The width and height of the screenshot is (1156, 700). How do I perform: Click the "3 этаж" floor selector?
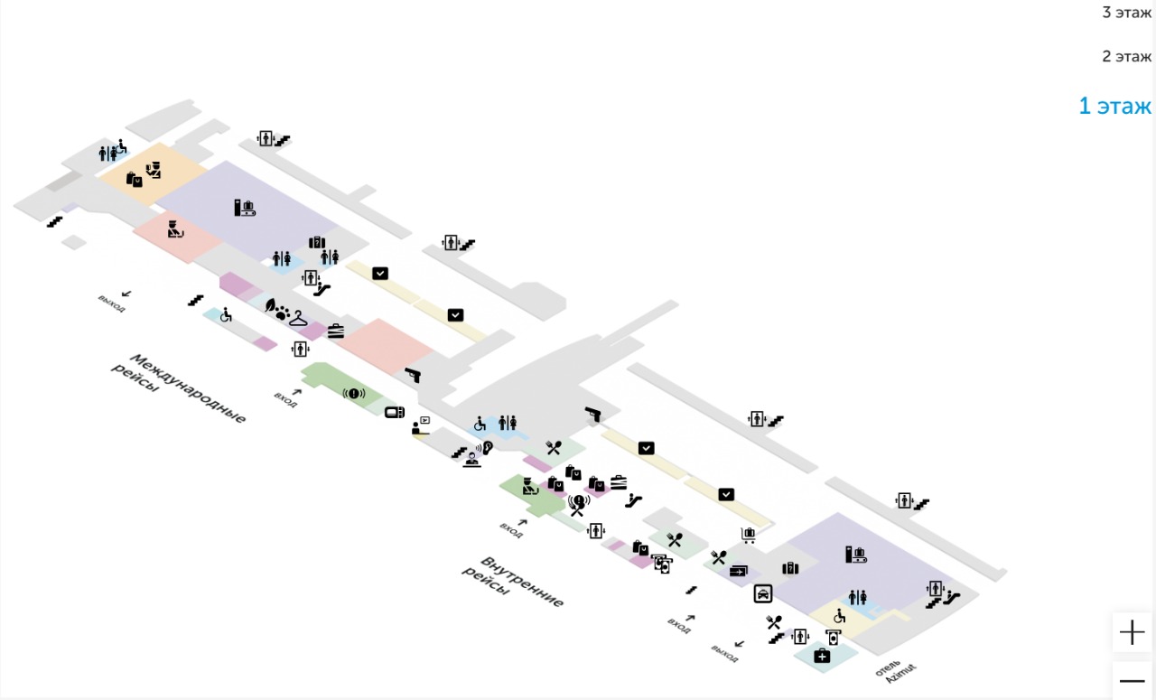coord(1126,13)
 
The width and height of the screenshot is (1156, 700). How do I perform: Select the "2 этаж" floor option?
coord(1126,56)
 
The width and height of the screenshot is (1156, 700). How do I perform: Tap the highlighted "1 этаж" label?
coord(1115,106)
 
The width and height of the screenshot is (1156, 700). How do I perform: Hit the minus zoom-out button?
coord(1132,681)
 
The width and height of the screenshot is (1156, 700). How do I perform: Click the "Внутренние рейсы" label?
coord(514,583)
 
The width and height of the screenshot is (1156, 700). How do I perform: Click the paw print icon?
coord(283,313)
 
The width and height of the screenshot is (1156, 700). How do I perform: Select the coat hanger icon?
coord(298,318)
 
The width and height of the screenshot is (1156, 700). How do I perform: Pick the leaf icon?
coord(270,306)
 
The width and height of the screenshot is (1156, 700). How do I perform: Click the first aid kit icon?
coord(822,656)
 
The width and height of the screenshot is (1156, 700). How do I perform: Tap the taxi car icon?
coord(763,593)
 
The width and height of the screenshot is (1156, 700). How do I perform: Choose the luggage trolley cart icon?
coord(748,535)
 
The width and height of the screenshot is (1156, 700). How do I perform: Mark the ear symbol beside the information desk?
coord(489,446)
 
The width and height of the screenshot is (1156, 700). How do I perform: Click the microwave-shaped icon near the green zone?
coord(395,413)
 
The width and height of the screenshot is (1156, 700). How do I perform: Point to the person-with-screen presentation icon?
coord(421,425)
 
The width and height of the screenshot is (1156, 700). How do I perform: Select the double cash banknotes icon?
coord(663,565)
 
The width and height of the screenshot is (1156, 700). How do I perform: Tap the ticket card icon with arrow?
coord(740,570)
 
